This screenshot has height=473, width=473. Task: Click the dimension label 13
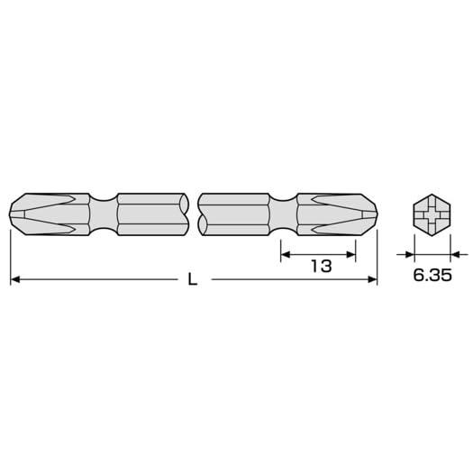[322, 267]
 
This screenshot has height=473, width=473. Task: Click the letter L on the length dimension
[193, 279]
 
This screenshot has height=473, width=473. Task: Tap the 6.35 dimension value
[432, 275]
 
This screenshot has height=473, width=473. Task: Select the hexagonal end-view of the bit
[432, 214]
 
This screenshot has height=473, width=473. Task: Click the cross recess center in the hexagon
[432, 214]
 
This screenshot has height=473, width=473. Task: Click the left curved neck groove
[104, 214]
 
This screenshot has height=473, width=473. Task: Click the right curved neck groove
[283, 214]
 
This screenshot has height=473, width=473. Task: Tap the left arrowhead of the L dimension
[15, 279]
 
